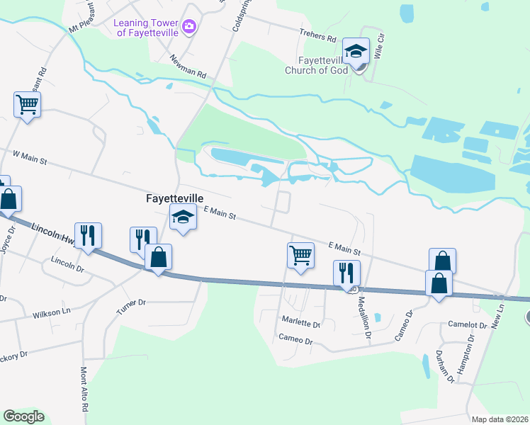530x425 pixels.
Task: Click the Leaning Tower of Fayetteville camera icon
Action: click(x=188, y=27)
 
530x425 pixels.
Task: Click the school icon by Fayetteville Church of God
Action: click(x=356, y=50)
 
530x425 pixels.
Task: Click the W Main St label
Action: click(x=29, y=157)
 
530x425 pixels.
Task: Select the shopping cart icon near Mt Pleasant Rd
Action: click(x=27, y=106)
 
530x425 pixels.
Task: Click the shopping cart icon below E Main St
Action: click(x=300, y=255)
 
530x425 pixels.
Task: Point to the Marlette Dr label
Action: click(x=301, y=324)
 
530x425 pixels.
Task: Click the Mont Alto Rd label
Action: click(x=84, y=390)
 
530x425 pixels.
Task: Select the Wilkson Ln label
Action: click(x=51, y=311)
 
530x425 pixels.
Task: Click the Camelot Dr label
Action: click(x=468, y=325)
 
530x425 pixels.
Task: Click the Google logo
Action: click(x=23, y=416)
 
